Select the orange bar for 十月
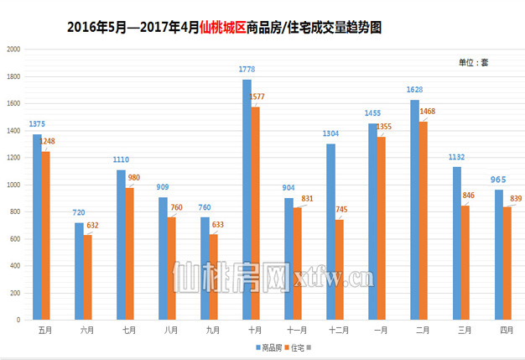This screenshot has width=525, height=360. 255,213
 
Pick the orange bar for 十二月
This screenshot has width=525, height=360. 339,269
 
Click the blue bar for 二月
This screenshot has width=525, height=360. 414,210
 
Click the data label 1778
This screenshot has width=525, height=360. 247,72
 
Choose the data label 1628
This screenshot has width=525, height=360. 413,89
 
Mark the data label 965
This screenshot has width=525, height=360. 498,180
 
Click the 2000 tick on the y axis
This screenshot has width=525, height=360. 13,50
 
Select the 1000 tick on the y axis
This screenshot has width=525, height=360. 13,185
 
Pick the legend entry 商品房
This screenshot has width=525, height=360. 268,347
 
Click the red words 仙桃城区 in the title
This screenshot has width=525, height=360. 223,28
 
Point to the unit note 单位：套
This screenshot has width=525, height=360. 473,63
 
